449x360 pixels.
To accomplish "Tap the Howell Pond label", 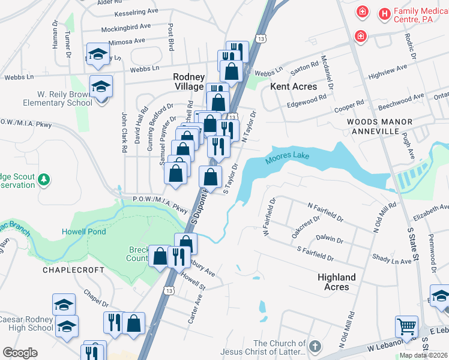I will (x=83, y=232).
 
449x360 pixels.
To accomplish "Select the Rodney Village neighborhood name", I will (x=189, y=82).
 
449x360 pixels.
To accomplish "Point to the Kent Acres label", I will (x=294, y=86).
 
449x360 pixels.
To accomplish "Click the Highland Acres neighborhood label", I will (x=337, y=282).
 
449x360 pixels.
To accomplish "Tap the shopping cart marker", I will (x=406, y=326).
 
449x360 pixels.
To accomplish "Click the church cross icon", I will (x=314, y=346).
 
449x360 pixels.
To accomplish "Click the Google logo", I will (x=20, y=353).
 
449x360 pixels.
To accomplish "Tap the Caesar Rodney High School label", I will (x=28, y=323).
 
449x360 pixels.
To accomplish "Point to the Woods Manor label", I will (x=379, y=122).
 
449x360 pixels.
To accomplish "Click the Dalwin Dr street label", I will (x=329, y=239).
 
